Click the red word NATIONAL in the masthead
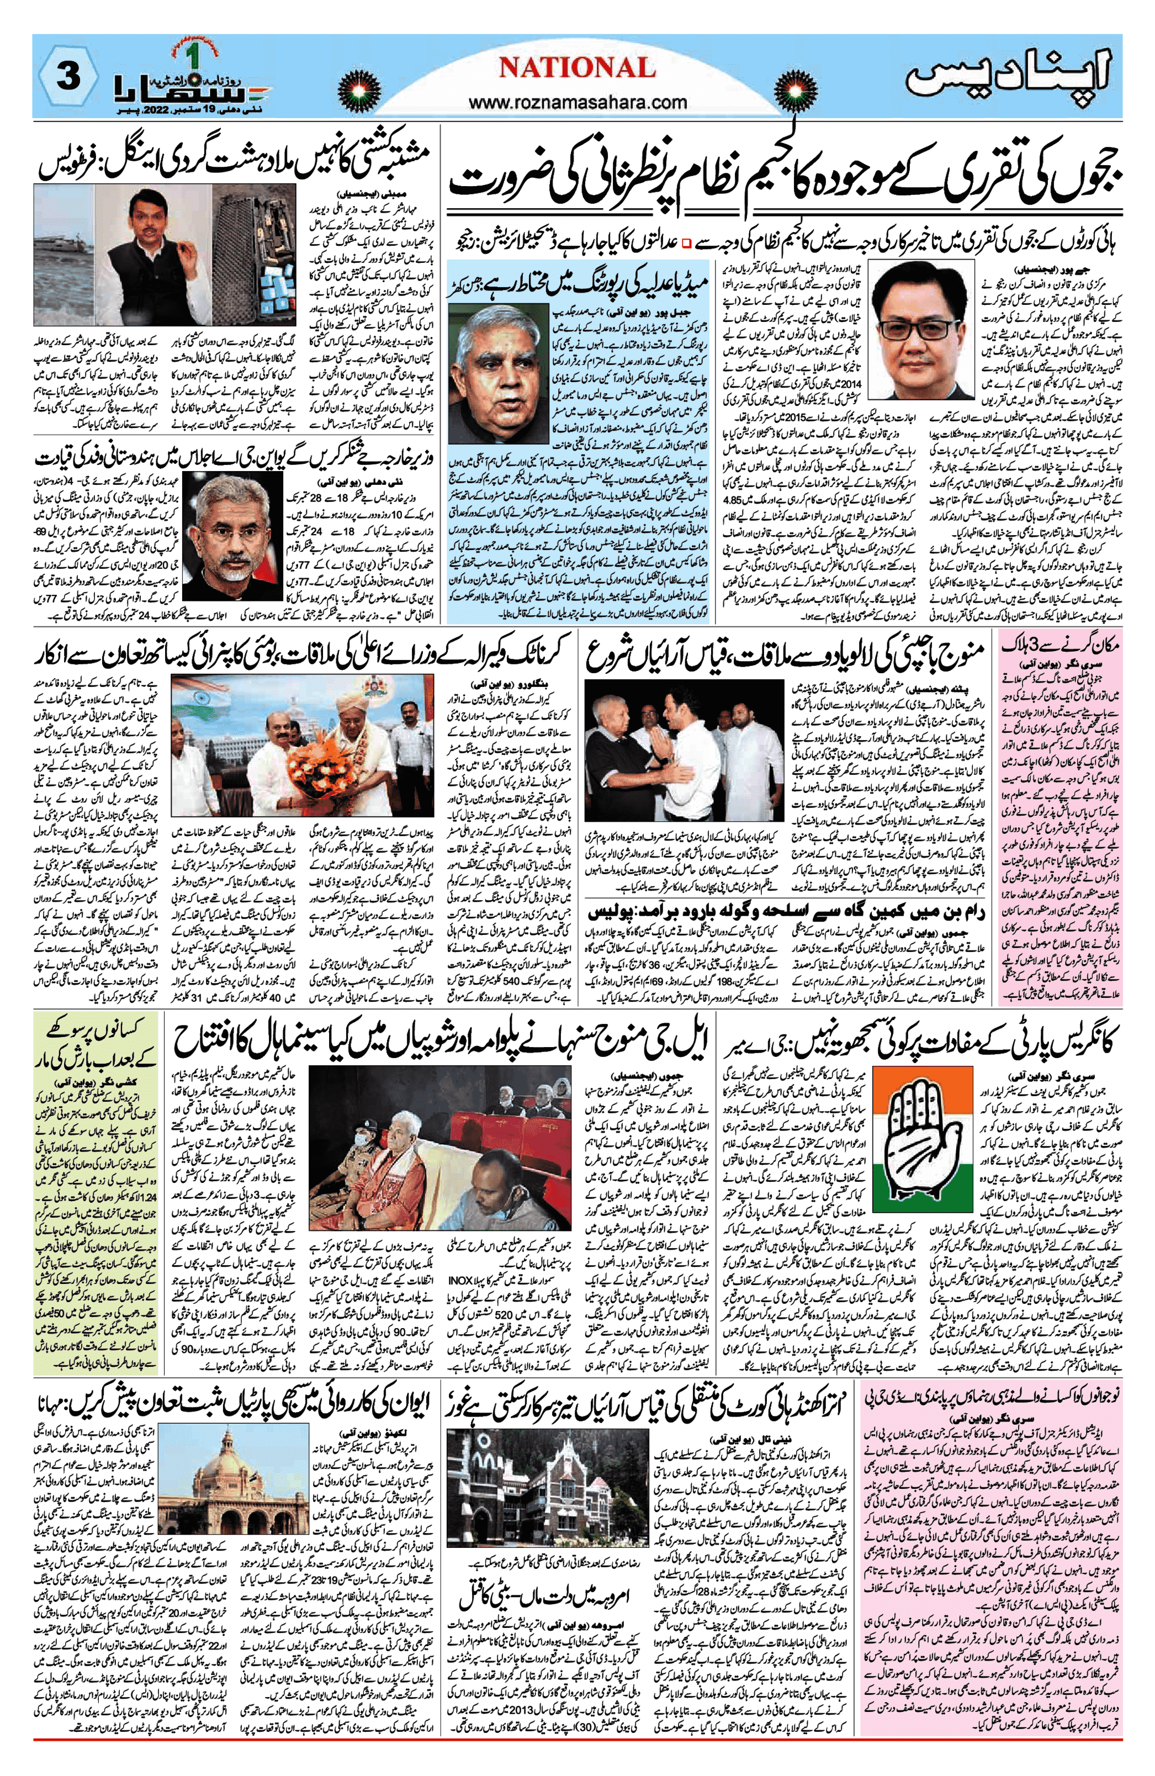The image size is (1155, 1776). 577,68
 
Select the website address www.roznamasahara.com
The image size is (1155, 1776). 578,102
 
